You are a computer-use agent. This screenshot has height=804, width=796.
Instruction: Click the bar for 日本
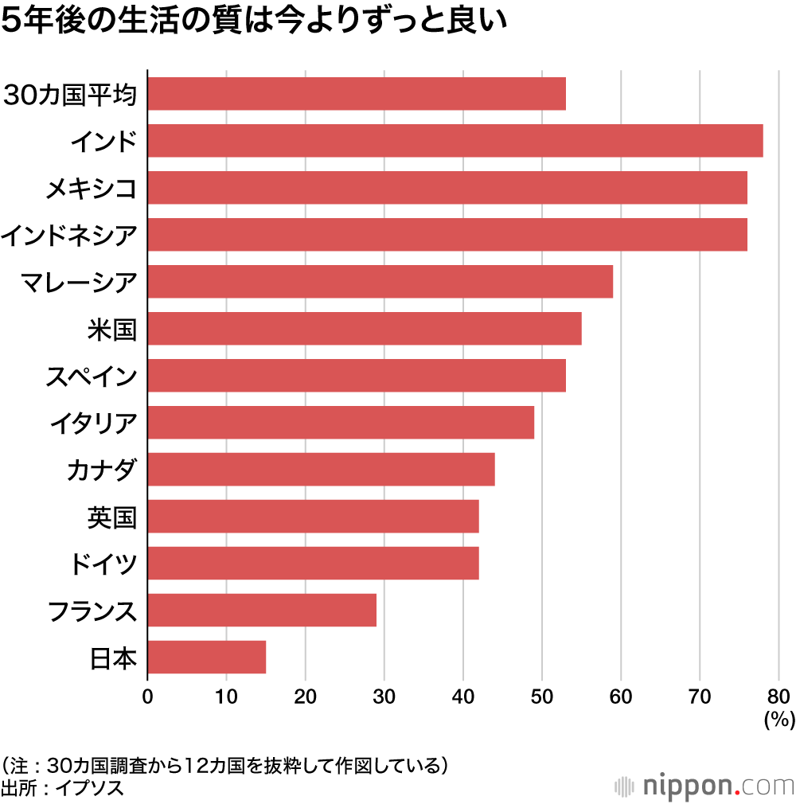[x=207, y=657]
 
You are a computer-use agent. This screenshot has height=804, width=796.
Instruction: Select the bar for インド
[x=455, y=141]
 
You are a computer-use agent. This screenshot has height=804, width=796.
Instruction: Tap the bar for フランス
[x=262, y=610]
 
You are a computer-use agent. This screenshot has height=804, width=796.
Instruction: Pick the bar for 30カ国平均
[x=357, y=94]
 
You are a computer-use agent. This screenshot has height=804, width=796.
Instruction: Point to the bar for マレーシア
[x=380, y=282]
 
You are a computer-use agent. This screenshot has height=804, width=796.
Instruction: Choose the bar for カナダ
[x=321, y=469]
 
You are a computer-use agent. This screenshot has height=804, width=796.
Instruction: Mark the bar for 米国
[x=365, y=328]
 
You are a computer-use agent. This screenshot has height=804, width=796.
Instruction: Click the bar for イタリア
[x=341, y=422]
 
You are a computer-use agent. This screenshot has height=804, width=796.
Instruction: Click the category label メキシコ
[x=91, y=188]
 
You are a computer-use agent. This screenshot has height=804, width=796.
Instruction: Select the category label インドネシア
[x=69, y=235]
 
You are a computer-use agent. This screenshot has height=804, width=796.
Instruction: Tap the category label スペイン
[x=91, y=376]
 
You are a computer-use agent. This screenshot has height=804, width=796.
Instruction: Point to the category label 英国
[x=112, y=517]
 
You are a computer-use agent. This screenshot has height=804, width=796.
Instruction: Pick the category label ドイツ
[x=103, y=564]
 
